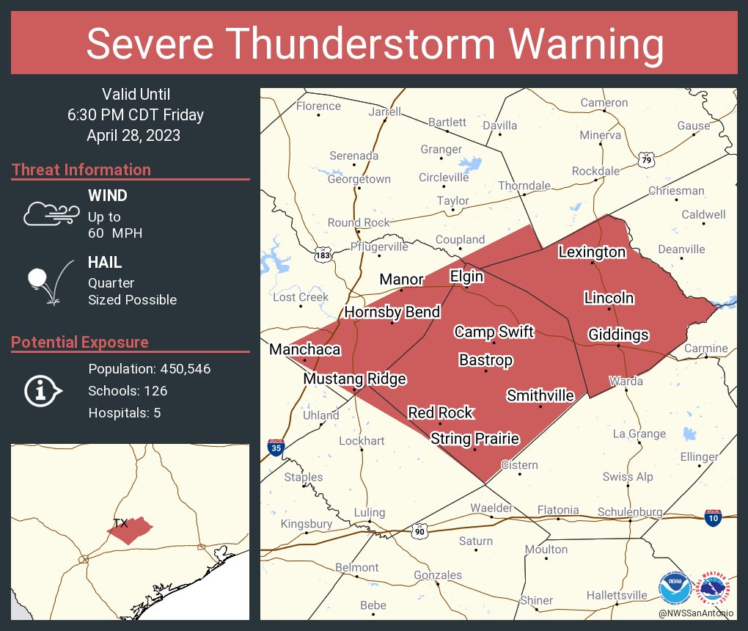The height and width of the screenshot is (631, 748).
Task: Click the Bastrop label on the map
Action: [485, 360]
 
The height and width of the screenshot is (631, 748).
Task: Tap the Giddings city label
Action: [618, 335]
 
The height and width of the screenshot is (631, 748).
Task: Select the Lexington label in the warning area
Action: [592, 252]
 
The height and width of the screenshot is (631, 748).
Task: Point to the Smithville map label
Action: [540, 396]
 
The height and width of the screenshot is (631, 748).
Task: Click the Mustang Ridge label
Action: [354, 379]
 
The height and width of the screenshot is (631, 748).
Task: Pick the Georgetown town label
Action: [359, 179]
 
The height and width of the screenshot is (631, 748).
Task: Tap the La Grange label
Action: [639, 434]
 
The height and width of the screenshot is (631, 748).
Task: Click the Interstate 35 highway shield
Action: [275, 448]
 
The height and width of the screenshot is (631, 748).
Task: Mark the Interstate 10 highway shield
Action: [713, 517]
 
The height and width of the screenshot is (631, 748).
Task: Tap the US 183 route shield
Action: [323, 255]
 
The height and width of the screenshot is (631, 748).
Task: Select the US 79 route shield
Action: [645, 159]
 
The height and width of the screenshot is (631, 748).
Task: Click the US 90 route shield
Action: [419, 529]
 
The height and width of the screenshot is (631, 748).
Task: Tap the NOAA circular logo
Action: [674, 589]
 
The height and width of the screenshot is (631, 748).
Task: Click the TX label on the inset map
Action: [120, 523]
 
